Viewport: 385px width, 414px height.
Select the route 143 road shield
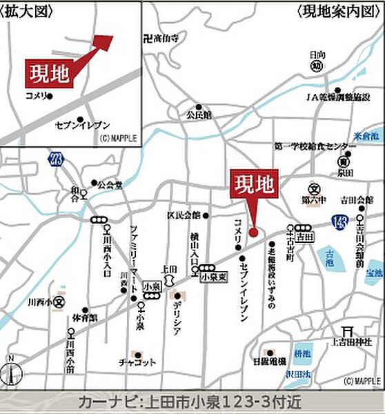tap(339, 221)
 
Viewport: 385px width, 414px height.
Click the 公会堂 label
tap(109, 185)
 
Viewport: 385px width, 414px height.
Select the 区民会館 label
tap(183, 215)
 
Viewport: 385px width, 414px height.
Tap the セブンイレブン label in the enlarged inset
tap(82, 125)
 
